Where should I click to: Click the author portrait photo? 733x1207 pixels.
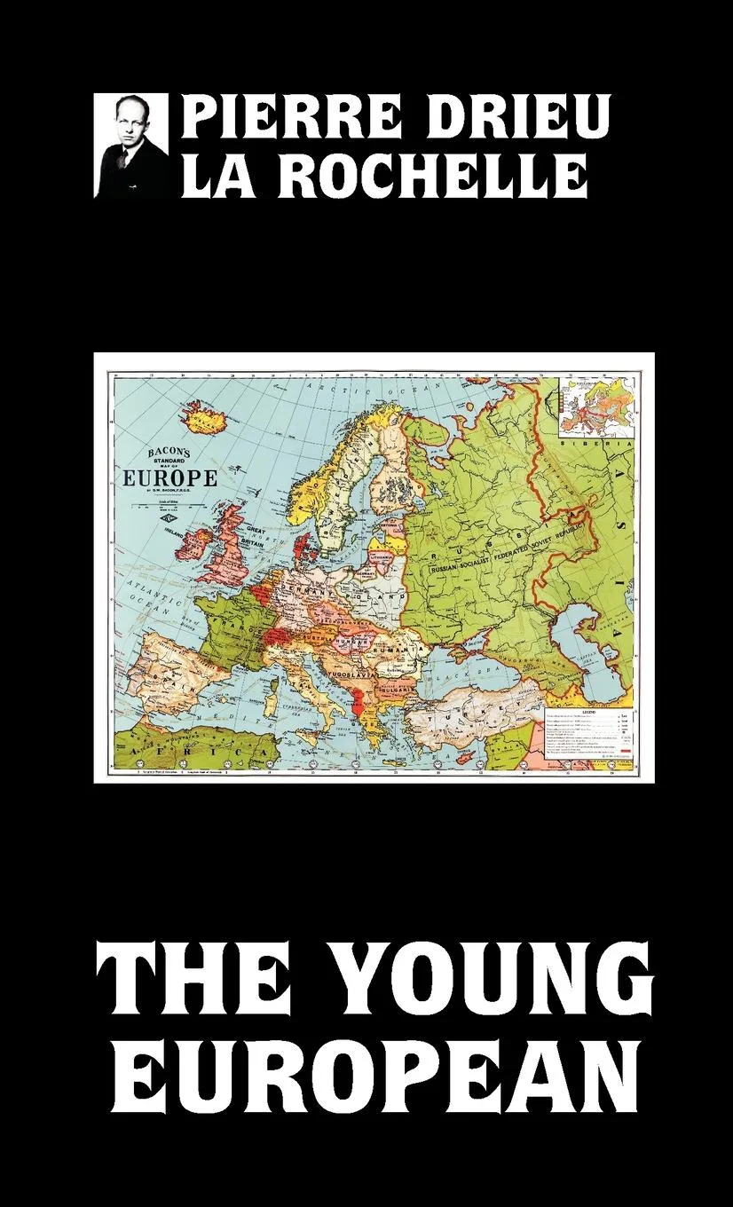(130, 146)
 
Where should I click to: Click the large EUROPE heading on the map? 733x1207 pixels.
(169, 477)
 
